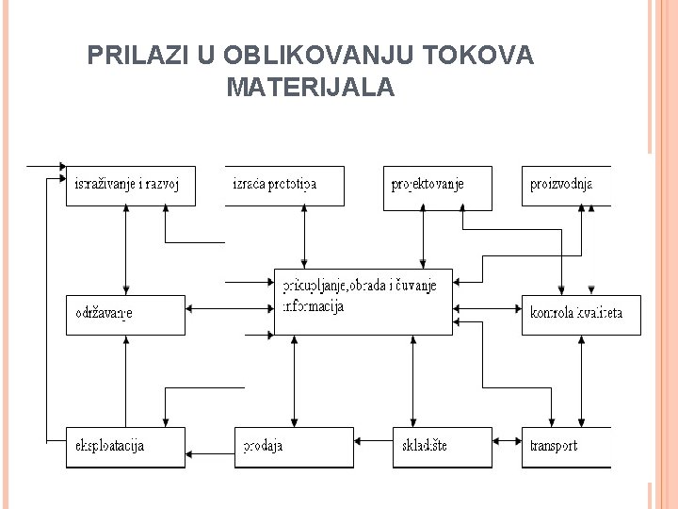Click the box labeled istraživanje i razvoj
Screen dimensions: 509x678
[x=131, y=186]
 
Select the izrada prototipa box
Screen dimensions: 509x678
[x=284, y=186]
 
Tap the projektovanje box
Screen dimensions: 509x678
[x=437, y=186]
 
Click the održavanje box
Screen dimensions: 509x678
[x=125, y=314]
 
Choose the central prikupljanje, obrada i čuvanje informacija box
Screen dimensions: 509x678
[x=363, y=301]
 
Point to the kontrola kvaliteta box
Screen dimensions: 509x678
[x=581, y=314]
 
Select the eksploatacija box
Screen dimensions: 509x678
[x=125, y=447]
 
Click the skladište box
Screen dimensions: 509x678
[x=442, y=447]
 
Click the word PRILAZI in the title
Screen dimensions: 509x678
[x=137, y=57]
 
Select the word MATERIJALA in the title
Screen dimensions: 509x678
[x=311, y=89]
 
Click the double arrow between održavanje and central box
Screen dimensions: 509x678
[x=229, y=306]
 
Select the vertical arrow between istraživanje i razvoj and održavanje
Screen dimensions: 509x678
[x=125, y=250]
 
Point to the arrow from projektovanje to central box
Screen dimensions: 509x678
[x=423, y=237]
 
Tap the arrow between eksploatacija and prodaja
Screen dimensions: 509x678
[x=210, y=447]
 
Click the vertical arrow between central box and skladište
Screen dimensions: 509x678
[x=412, y=381]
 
